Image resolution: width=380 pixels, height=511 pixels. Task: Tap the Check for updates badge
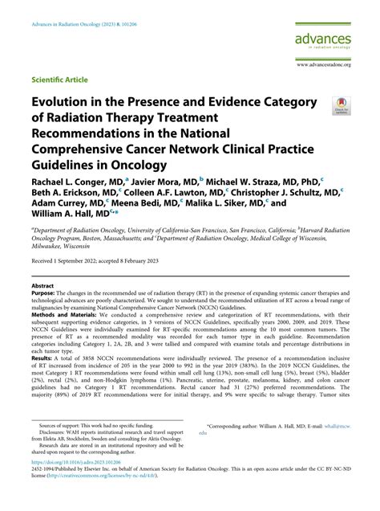coord(343,105)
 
